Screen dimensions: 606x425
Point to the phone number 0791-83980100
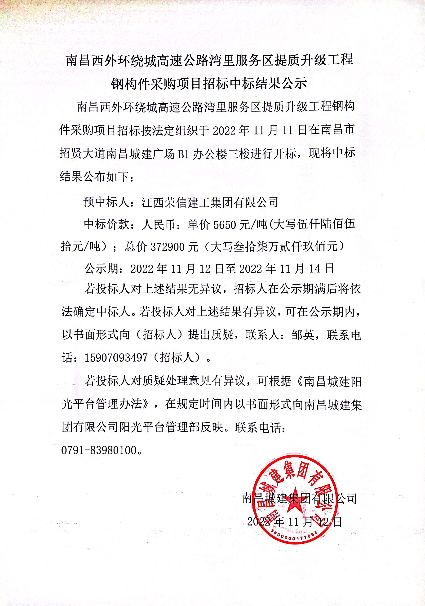(99, 450)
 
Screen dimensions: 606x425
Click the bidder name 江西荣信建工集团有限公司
(210, 202)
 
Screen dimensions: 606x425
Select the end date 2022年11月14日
(287, 269)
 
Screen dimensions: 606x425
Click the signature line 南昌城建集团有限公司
(299, 498)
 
